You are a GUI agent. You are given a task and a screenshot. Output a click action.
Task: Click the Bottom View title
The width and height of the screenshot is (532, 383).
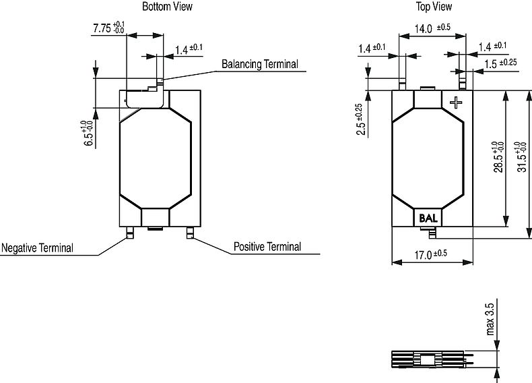tap(167, 7)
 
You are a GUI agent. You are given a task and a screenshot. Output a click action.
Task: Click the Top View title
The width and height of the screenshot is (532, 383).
tap(434, 7)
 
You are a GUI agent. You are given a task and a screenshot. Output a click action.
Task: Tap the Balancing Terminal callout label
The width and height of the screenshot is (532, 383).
tap(259, 65)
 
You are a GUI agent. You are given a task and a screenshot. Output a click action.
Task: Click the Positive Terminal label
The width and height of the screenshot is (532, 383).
tap(267, 247)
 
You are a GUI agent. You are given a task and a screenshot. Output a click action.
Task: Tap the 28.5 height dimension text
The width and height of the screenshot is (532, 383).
tap(497, 156)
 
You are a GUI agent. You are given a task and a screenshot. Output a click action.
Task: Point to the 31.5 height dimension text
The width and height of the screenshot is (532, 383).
tap(521, 156)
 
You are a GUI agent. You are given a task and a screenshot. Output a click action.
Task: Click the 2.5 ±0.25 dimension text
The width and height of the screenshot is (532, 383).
tap(360, 119)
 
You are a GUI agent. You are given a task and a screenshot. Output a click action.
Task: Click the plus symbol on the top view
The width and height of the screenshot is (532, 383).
tap(457, 102)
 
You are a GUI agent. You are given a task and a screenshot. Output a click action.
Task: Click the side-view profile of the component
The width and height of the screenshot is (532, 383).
tap(428, 360)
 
